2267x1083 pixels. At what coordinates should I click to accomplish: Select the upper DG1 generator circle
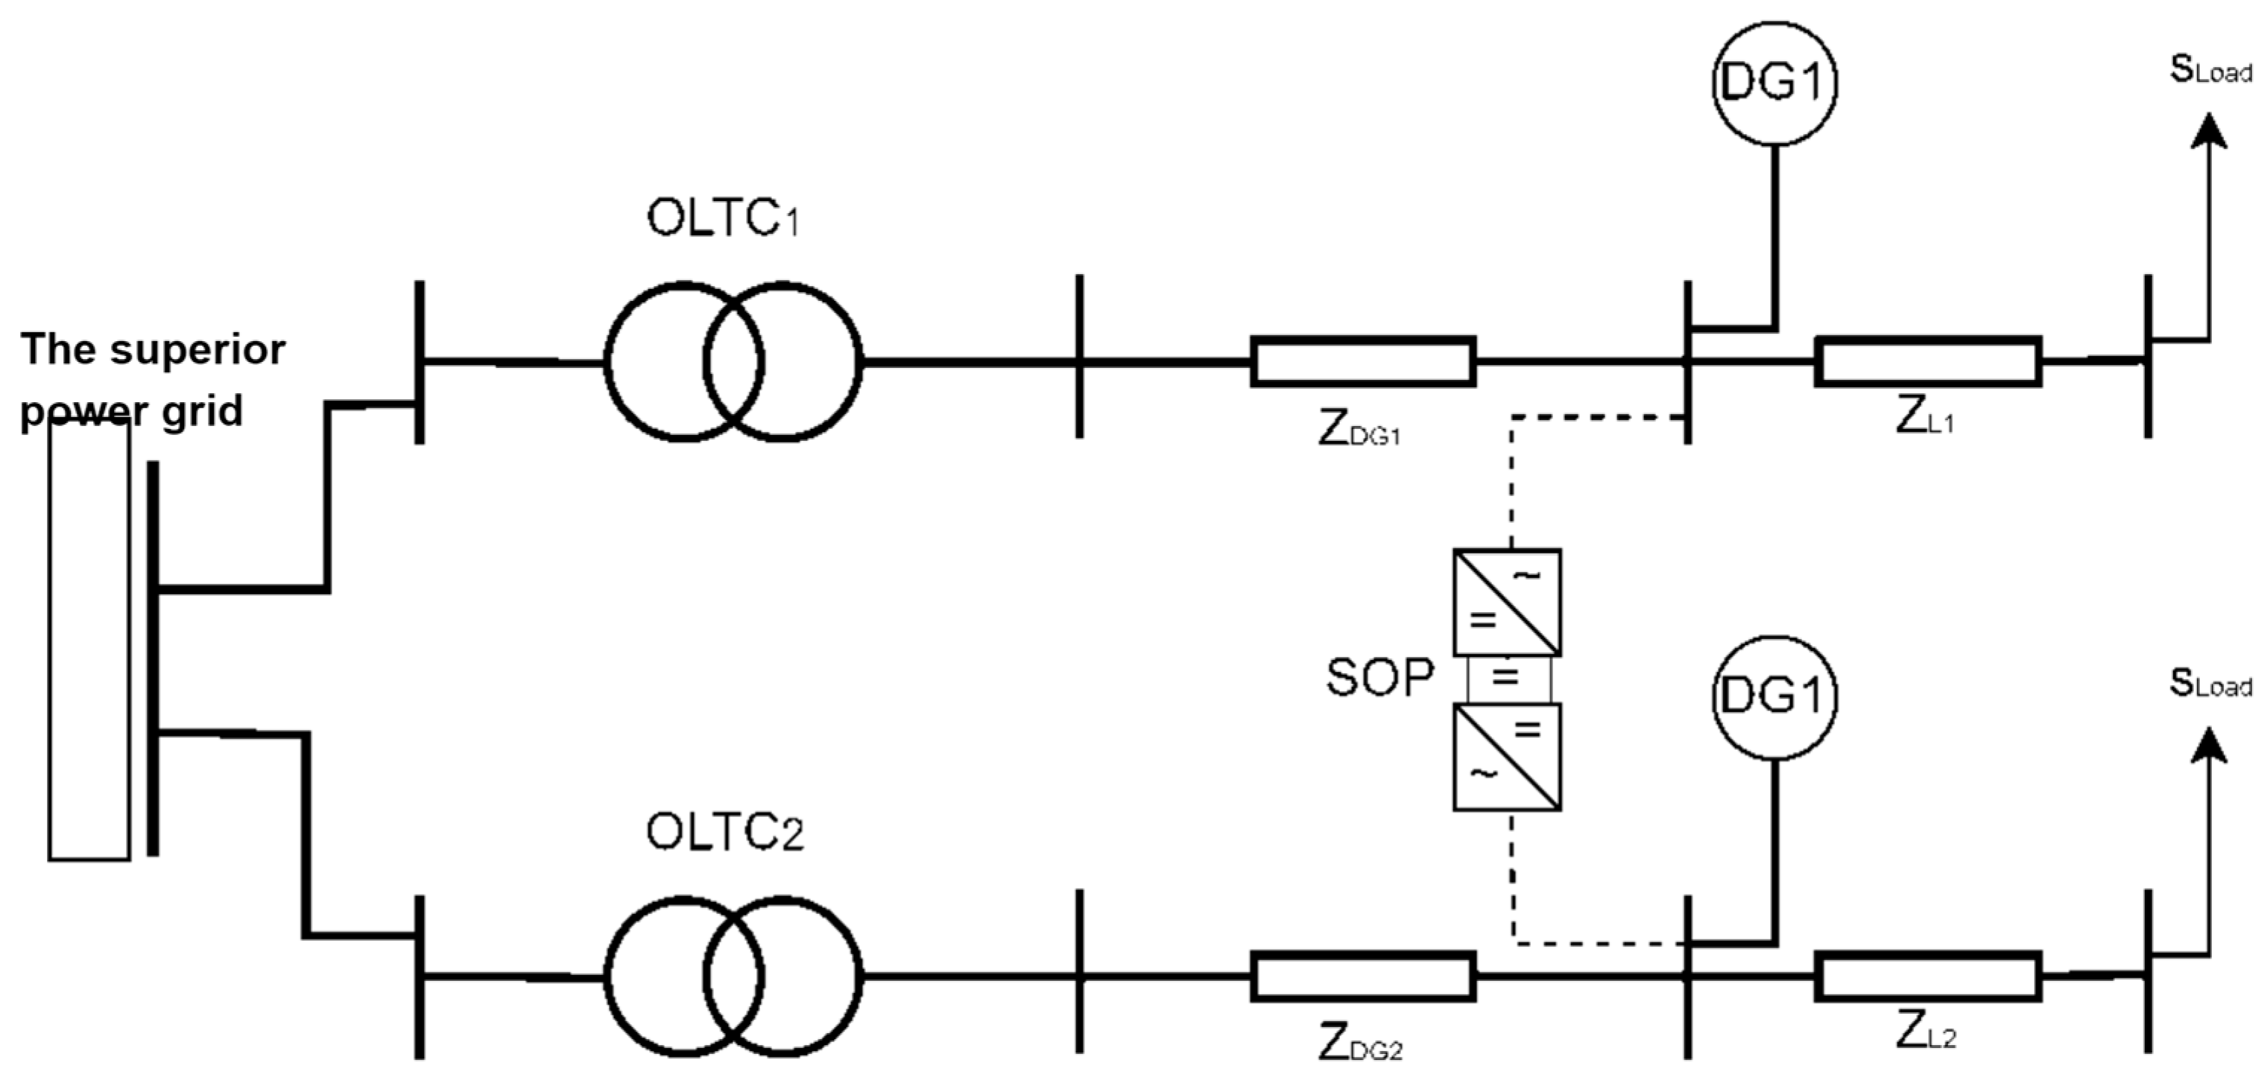click(x=1774, y=83)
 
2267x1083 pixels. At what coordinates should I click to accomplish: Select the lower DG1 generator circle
click(x=1774, y=696)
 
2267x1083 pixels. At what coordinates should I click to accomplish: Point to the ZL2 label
click(x=1926, y=1035)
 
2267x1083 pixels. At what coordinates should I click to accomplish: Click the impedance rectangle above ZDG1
click(x=1363, y=361)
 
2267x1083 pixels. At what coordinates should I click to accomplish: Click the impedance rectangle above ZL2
click(x=1927, y=976)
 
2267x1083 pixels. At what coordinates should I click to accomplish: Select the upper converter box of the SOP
click(x=1507, y=603)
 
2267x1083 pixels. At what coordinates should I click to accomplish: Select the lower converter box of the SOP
click(x=1507, y=757)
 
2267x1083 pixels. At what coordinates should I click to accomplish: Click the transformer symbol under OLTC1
click(x=733, y=361)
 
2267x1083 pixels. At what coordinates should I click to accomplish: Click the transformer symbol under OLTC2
click(x=733, y=976)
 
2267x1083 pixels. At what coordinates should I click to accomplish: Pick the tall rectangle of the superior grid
click(x=89, y=642)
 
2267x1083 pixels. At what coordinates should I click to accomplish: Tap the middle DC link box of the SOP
click(x=1508, y=679)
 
